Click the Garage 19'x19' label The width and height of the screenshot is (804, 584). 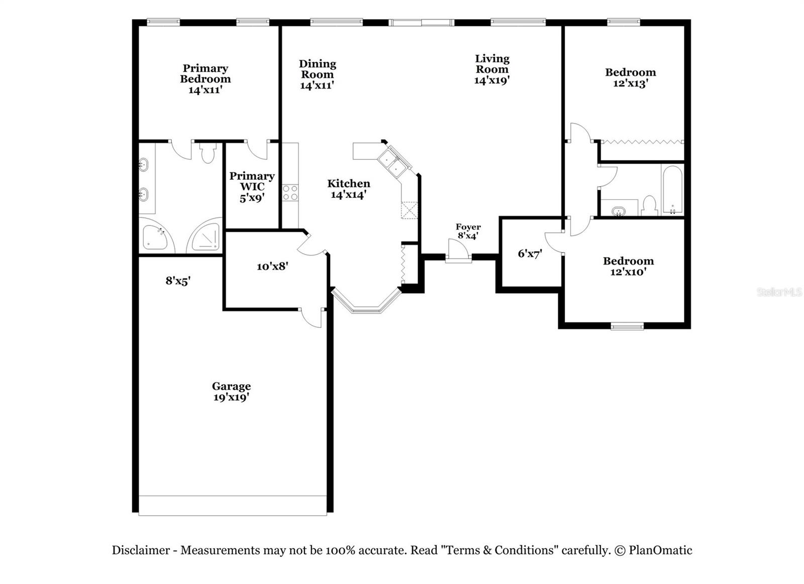pos(231,392)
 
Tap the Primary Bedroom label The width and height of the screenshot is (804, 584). pos(205,79)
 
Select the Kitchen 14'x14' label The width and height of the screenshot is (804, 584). pos(349,189)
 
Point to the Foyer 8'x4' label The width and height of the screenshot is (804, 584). pos(468,231)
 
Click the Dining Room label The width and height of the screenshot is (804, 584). pos(317,74)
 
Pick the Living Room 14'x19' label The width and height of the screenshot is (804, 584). pos(492,69)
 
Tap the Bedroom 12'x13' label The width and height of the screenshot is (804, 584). pos(630,77)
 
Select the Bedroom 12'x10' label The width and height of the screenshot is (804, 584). pos(628,266)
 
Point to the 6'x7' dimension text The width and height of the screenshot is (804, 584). pos(530,254)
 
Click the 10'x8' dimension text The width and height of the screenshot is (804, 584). pos(272,266)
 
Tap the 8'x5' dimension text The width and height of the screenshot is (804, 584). pos(178,281)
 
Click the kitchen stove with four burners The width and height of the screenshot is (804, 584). pos(290,192)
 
